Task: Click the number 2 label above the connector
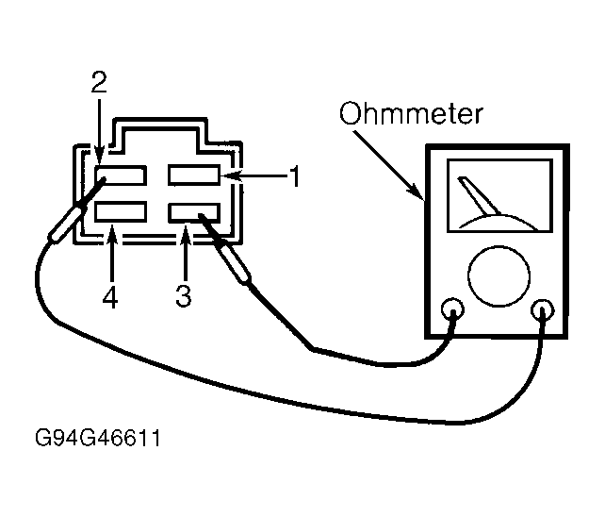click(99, 82)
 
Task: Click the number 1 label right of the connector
click(295, 176)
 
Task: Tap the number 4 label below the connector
click(110, 297)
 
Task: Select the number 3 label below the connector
click(183, 295)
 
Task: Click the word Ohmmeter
click(411, 113)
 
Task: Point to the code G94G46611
click(98, 438)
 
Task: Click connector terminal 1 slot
click(194, 175)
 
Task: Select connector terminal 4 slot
click(121, 211)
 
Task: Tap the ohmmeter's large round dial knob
click(499, 275)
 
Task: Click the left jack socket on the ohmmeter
click(452, 309)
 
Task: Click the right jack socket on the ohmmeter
click(543, 310)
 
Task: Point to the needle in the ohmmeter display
click(480, 196)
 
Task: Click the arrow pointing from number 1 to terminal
click(255, 175)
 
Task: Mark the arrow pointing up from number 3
click(186, 253)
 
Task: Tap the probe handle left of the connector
click(64, 225)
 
